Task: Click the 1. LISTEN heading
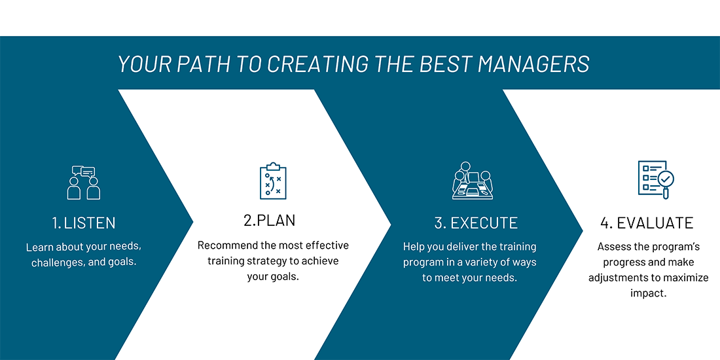[x=84, y=223]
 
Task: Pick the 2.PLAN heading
[x=270, y=221]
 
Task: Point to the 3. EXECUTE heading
[x=476, y=223]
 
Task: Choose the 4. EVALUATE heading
[x=647, y=223]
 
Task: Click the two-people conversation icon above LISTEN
[x=84, y=183]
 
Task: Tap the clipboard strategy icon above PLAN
[x=273, y=181]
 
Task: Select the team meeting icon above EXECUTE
[x=472, y=181]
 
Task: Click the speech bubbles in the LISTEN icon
[x=84, y=171]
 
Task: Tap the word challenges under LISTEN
[x=54, y=264]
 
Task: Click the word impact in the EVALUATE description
[x=649, y=295]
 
